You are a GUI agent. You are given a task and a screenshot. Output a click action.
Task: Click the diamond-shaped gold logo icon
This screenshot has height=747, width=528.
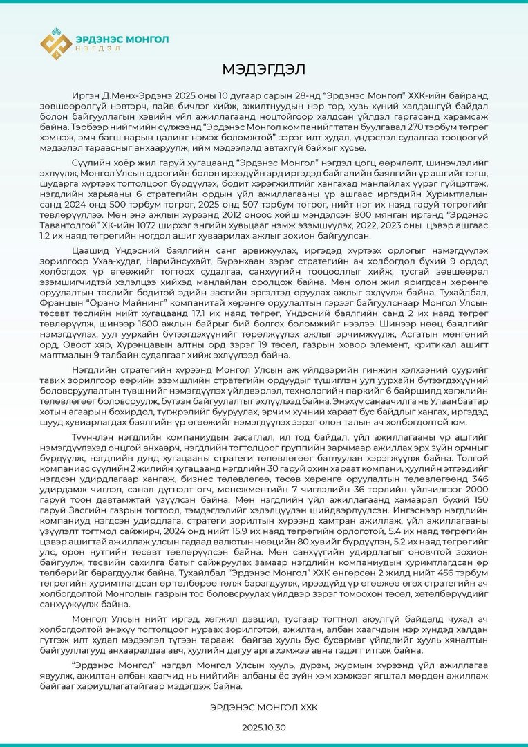click(56, 44)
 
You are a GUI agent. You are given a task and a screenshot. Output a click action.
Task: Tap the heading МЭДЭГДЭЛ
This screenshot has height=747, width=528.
click(263, 69)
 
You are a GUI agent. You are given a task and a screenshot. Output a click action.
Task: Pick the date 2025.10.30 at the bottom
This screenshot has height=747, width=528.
click(263, 728)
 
